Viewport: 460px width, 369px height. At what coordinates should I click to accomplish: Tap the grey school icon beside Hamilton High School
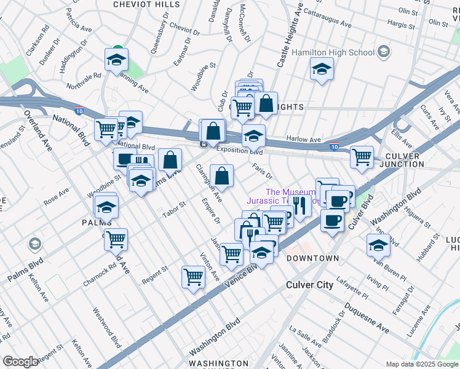(384, 50)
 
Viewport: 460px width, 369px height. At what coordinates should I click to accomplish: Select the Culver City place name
(310, 285)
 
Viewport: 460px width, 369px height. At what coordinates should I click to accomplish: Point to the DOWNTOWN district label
(312, 258)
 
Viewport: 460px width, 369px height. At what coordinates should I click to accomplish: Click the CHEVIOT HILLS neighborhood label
(143, 4)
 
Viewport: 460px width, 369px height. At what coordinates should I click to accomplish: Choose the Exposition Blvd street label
(240, 151)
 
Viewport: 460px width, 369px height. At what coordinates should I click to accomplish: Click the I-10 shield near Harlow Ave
(333, 148)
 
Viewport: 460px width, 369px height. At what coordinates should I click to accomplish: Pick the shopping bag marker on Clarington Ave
(221, 175)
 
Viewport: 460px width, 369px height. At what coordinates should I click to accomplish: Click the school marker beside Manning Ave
(116, 60)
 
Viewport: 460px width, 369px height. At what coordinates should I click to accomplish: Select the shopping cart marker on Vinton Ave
(193, 277)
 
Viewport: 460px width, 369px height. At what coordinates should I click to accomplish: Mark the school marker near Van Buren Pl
(378, 245)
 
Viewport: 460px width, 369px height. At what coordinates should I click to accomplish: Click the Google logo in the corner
(20, 362)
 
